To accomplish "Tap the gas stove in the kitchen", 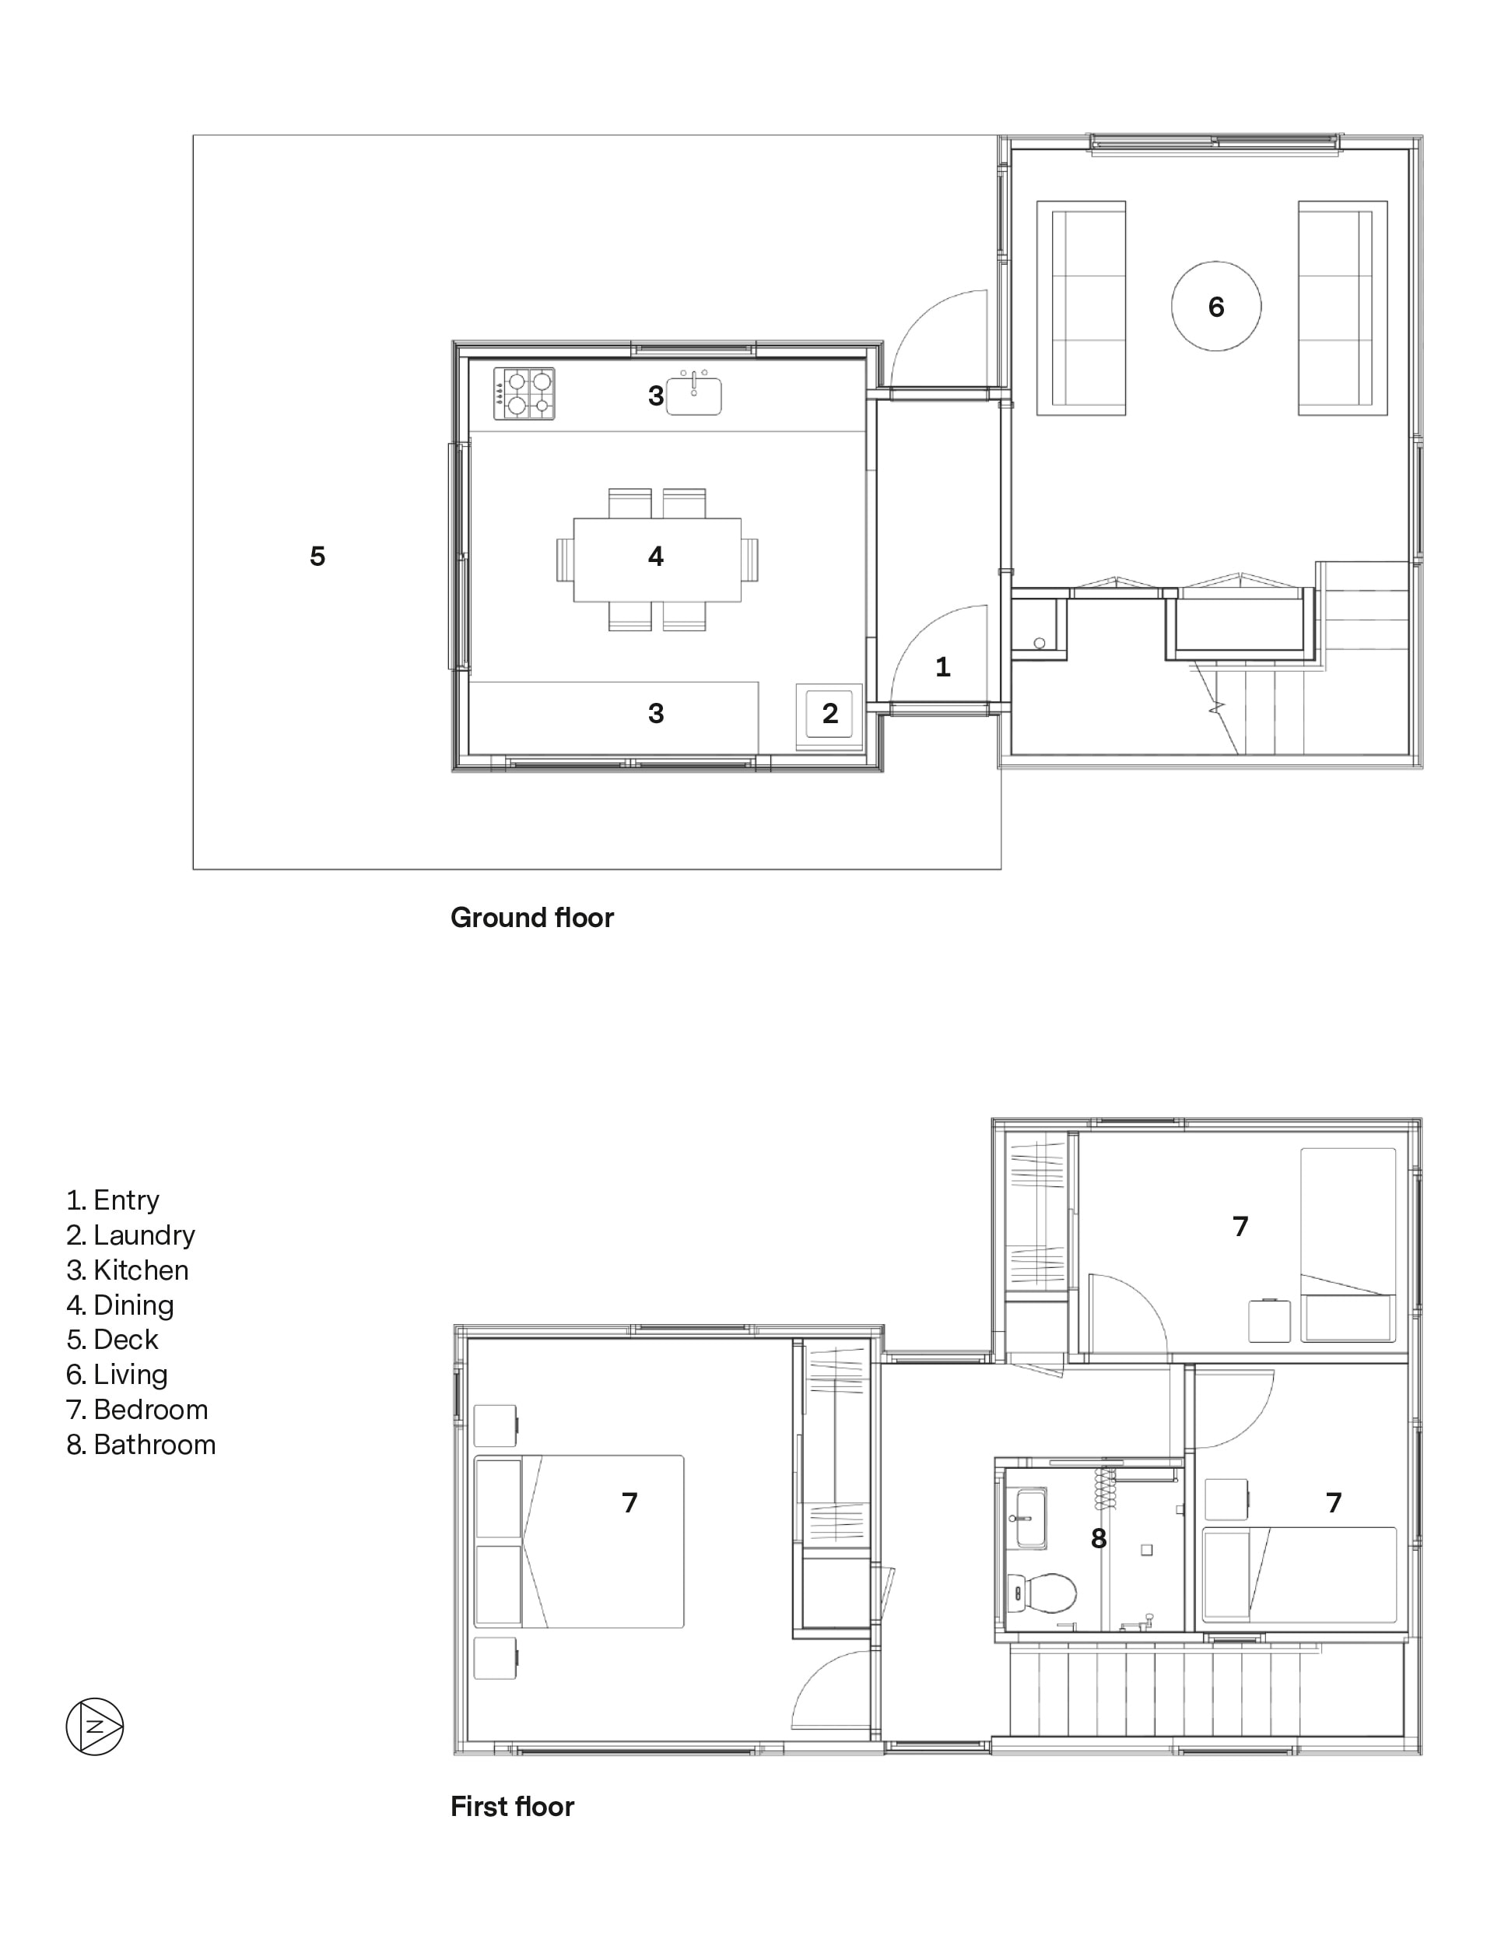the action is [524, 394].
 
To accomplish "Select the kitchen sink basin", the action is [693, 395].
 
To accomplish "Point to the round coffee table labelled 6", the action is [1215, 306].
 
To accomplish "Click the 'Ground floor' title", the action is [531, 917].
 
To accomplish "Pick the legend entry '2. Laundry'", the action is [131, 1235].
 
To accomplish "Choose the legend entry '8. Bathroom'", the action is [141, 1445].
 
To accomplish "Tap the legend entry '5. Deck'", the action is [112, 1340].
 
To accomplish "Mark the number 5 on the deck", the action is [317, 556].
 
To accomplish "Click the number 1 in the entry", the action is [942, 667].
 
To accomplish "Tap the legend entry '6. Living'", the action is [117, 1374].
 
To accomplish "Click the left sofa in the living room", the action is [1081, 307].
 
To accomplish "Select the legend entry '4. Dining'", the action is [120, 1305].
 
